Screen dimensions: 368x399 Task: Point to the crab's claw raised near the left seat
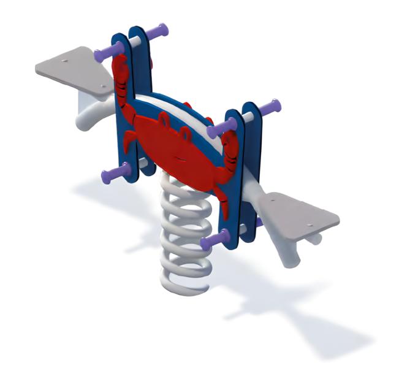tap(121, 76)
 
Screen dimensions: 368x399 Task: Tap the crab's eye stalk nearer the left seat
tap(164, 118)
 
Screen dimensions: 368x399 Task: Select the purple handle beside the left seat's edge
tap(107, 50)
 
